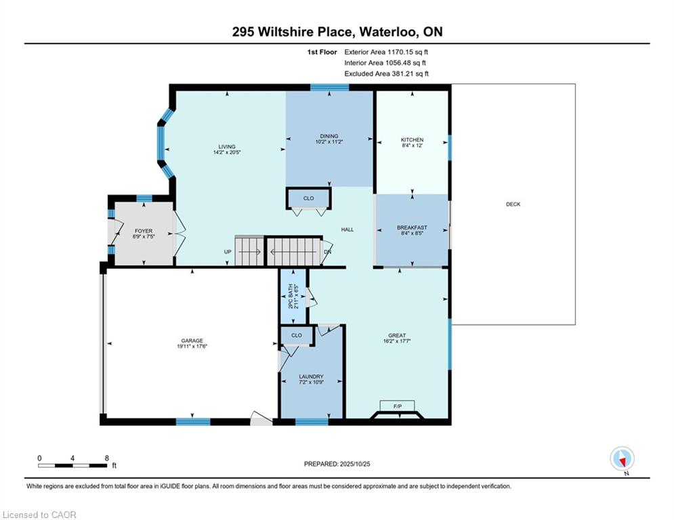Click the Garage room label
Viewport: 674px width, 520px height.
click(192, 341)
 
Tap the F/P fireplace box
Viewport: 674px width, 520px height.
click(397, 406)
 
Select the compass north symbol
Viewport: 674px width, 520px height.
click(622, 459)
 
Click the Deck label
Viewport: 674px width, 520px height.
click(513, 204)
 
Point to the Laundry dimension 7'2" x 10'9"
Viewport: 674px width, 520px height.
click(311, 382)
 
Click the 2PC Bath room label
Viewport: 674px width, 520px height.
click(291, 297)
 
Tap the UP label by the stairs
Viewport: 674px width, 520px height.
click(228, 252)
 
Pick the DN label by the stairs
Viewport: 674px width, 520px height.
click(328, 252)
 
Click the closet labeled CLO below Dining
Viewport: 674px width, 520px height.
click(309, 198)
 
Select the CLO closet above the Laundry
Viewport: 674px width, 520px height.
click(297, 335)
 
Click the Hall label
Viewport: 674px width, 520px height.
click(347, 230)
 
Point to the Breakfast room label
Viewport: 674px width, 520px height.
click(412, 227)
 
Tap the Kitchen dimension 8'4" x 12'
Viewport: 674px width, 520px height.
click(413, 146)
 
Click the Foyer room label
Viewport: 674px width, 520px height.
click(144, 231)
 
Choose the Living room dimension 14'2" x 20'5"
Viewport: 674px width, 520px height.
click(227, 152)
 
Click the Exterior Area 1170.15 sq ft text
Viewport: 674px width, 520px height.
click(386, 52)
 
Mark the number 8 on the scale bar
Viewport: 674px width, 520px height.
click(106, 458)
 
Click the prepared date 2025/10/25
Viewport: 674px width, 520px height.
click(355, 464)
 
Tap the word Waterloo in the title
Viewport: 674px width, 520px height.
click(387, 32)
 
